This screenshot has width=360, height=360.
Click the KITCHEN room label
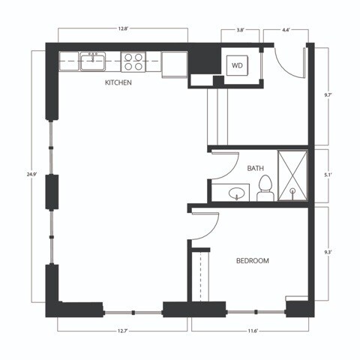[118, 83]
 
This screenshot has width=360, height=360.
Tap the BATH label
[256, 169]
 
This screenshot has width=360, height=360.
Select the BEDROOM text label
[253, 260]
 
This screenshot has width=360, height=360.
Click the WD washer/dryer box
[238, 66]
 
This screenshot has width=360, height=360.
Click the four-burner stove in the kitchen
[134, 61]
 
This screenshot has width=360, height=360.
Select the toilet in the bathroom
[265, 188]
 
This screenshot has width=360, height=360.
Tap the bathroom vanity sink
[238, 193]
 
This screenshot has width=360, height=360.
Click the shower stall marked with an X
[292, 176]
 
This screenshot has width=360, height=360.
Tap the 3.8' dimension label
[240, 30]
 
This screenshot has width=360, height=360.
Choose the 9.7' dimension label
[328, 95]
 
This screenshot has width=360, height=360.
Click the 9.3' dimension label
[328, 253]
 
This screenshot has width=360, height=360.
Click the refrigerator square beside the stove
[174, 64]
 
